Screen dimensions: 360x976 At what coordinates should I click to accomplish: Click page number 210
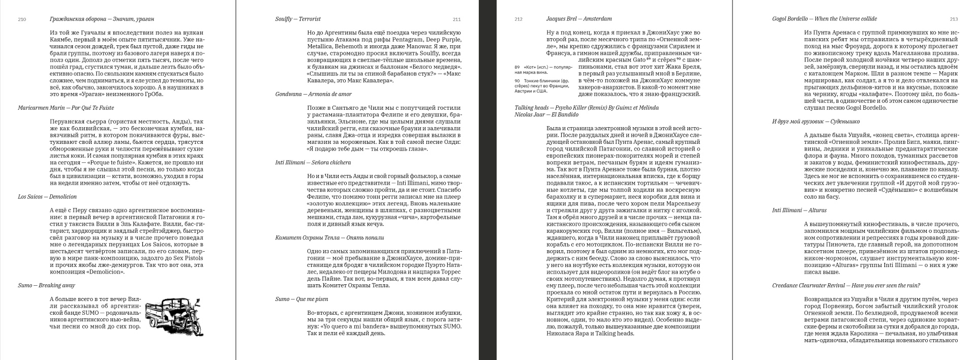(22, 19)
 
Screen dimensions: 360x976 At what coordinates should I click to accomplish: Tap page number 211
(456, 19)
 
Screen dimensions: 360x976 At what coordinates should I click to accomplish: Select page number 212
(518, 19)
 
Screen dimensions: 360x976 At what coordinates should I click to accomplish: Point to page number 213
(953, 19)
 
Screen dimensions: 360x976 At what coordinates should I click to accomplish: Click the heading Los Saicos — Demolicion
(48, 197)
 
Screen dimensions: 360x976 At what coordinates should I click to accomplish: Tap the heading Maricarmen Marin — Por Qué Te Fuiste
(66, 108)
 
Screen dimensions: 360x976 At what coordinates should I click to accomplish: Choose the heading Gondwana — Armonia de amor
(313, 94)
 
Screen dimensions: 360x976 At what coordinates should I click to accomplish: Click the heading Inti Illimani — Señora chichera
(313, 163)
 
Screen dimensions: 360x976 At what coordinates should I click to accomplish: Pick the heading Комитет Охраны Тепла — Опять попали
(329, 237)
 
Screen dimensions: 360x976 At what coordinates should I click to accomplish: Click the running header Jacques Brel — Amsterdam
(578, 19)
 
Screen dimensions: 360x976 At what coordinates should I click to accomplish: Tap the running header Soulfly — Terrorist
(298, 19)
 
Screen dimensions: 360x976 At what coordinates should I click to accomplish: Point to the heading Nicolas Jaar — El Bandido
(546, 115)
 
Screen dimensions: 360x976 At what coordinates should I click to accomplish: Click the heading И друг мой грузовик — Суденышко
(816, 122)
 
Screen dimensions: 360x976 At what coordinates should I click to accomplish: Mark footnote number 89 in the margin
(517, 67)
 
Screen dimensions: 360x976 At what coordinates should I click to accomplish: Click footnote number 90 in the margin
(517, 81)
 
